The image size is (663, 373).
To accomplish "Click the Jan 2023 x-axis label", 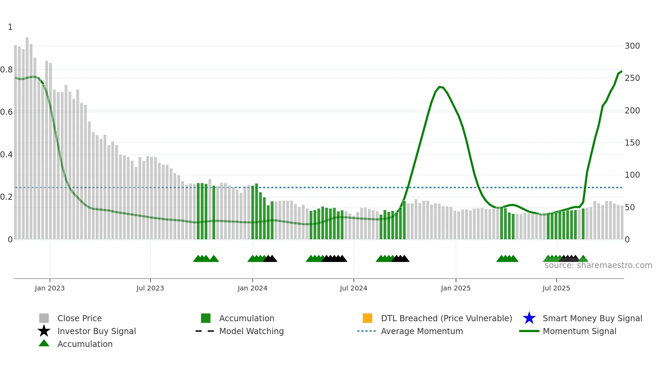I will [x=49, y=288].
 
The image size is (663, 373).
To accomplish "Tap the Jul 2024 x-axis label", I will [x=353, y=288].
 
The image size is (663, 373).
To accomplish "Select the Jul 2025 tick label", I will [x=556, y=288].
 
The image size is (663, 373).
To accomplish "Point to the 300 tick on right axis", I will [x=632, y=46].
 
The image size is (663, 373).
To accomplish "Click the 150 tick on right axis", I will [x=632, y=143].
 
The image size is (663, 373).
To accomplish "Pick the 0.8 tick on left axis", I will [x=6, y=70].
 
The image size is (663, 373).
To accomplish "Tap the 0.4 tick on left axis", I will [x=6, y=155].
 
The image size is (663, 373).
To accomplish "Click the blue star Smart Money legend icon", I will [x=529, y=318].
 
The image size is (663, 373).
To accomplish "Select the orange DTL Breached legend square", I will [x=367, y=318].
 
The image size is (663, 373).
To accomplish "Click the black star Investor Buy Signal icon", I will [x=44, y=331].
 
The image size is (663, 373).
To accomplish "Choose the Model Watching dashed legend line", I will [x=205, y=331].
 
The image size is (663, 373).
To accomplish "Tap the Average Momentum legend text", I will [x=422, y=331].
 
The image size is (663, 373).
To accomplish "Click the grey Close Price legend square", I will [x=44, y=318].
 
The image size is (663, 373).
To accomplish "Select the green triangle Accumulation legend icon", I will [x=44, y=343].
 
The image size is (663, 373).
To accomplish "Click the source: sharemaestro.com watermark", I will [x=598, y=265].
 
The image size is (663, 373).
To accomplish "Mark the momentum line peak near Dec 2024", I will [x=439, y=87].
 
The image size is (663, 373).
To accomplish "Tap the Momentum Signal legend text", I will [x=579, y=331].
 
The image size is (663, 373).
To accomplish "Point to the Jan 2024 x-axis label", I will [x=252, y=288].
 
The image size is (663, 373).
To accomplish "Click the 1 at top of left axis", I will [x=10, y=27].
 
